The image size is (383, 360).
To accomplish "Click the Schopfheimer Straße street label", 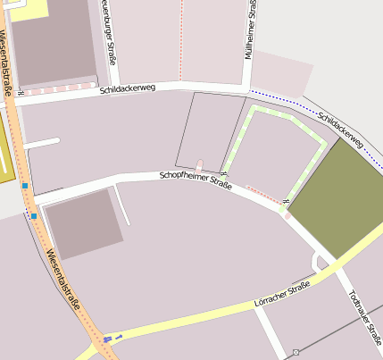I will [196, 180].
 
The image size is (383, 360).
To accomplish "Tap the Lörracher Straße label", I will [283, 300].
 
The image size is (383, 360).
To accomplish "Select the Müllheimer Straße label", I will [254, 29].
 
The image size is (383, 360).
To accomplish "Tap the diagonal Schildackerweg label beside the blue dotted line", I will [341, 130].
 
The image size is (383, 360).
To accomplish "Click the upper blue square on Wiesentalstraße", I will [25, 186].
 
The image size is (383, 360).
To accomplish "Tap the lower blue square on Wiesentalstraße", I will [34, 215].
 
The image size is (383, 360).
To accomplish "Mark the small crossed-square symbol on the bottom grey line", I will [296, 353].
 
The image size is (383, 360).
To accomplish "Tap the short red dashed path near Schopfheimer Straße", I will [264, 196].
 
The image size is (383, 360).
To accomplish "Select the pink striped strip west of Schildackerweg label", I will [58, 89].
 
